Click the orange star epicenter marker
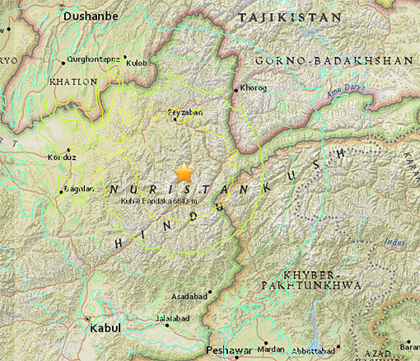[184, 173]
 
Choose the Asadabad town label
[188, 294]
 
